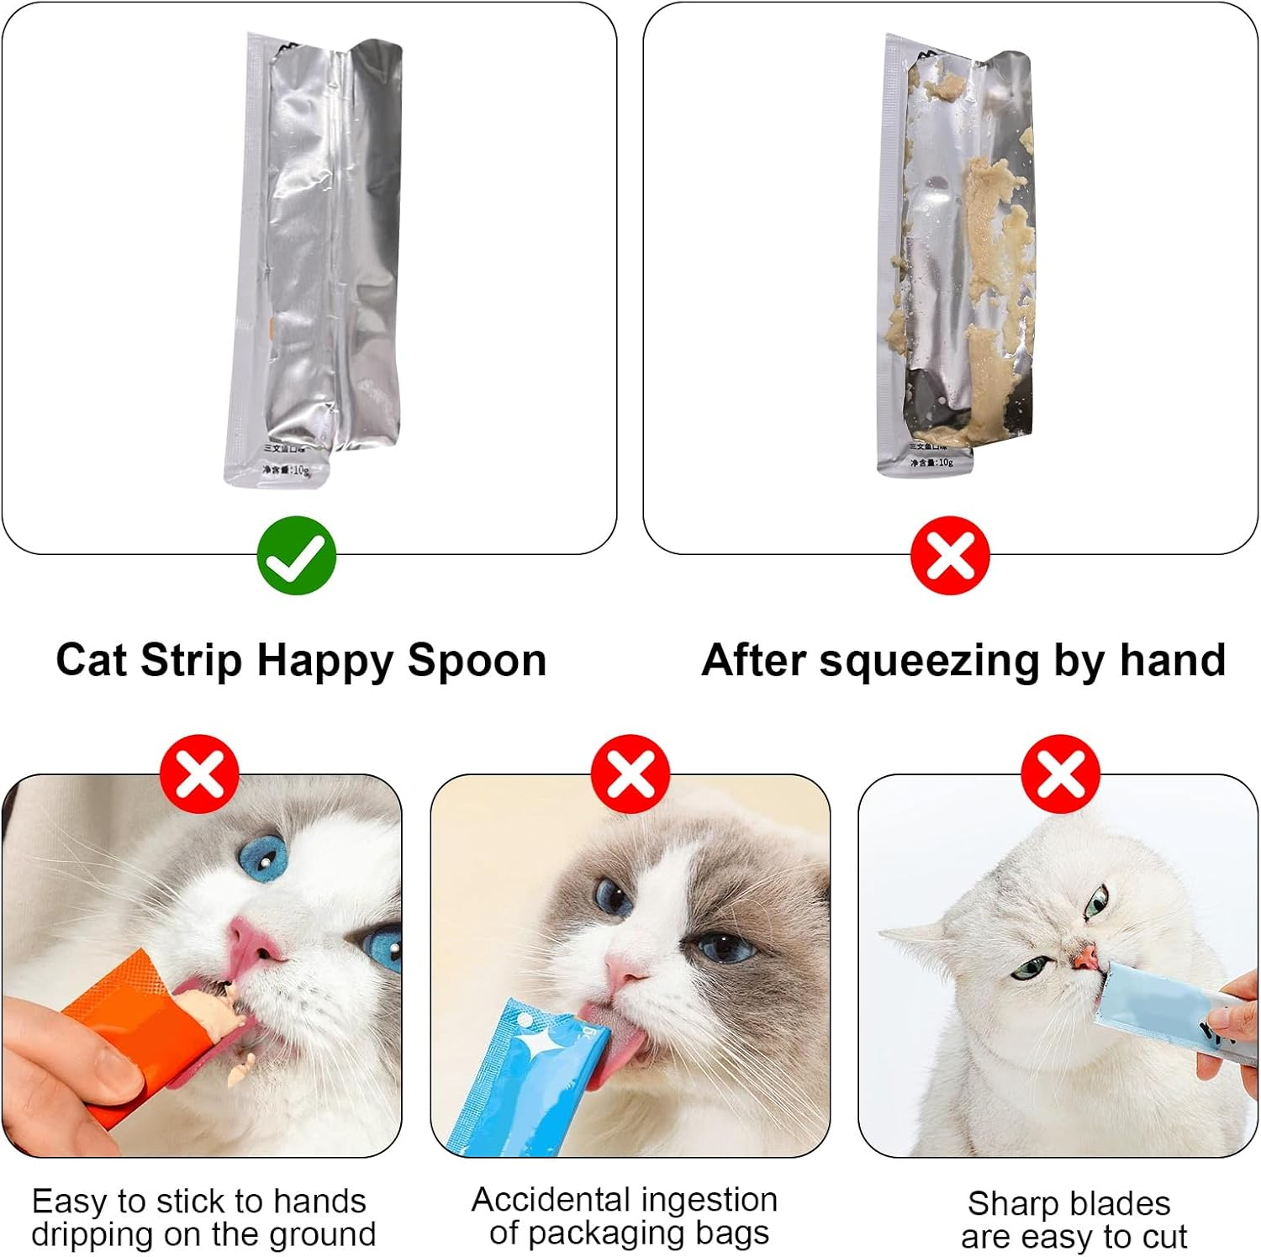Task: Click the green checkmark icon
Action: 296,556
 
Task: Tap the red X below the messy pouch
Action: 950,556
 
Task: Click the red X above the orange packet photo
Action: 200,774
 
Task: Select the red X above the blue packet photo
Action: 630,774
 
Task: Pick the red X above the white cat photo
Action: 1060,774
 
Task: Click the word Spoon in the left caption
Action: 477,660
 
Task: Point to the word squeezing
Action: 930,662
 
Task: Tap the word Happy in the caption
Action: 324,662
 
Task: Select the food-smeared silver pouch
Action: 958,252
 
